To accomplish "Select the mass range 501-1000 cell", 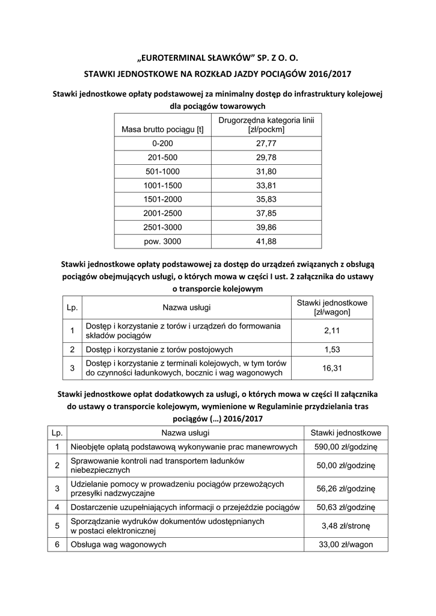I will (162, 171).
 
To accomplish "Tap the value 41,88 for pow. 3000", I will (266, 241).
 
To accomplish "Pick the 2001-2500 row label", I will (162, 213).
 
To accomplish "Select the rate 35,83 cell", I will (266, 199).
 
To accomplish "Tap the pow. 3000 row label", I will (162, 241).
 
